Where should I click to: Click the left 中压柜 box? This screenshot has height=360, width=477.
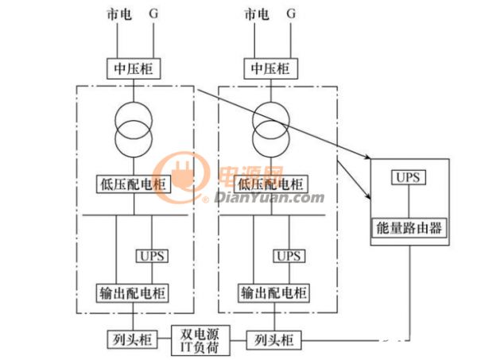(x=134, y=68)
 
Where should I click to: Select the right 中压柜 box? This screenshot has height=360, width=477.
(x=271, y=68)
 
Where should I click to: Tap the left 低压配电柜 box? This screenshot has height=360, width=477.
(x=134, y=184)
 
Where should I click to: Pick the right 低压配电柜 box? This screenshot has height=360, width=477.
(x=271, y=184)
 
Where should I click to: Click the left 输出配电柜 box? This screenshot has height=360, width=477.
(x=132, y=292)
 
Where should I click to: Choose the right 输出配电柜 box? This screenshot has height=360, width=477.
(x=273, y=292)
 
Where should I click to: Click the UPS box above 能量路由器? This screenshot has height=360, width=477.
(x=409, y=177)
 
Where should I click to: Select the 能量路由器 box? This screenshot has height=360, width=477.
(x=409, y=228)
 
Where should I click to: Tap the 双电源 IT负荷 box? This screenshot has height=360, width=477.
(x=200, y=341)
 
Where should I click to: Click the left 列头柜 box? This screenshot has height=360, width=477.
(x=132, y=339)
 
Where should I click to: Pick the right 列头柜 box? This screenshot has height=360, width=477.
(x=273, y=340)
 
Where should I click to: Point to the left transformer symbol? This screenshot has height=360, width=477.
(x=134, y=130)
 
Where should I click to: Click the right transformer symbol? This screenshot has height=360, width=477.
(x=271, y=130)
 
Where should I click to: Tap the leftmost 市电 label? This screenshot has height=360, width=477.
(x=119, y=14)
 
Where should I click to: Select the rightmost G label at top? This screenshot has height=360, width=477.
(x=291, y=14)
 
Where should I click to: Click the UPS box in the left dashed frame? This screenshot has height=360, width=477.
(x=152, y=256)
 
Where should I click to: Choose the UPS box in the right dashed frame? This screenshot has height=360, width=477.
(x=289, y=256)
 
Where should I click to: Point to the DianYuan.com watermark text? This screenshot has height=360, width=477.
(x=270, y=198)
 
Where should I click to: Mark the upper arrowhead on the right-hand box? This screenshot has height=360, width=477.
(x=367, y=157)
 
